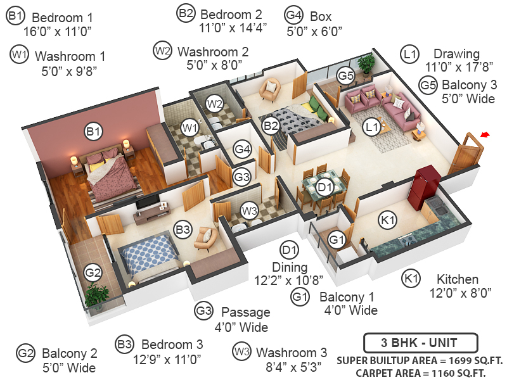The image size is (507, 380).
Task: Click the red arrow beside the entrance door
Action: pyautogui.click(x=485, y=134)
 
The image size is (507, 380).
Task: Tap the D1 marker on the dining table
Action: pyautogui.click(x=325, y=187)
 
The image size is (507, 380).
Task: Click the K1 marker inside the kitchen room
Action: pyautogui.click(x=387, y=220)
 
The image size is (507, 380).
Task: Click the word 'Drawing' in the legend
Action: pyautogui.click(x=456, y=54)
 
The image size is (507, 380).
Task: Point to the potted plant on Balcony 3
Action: pyautogui.click(x=366, y=63)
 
